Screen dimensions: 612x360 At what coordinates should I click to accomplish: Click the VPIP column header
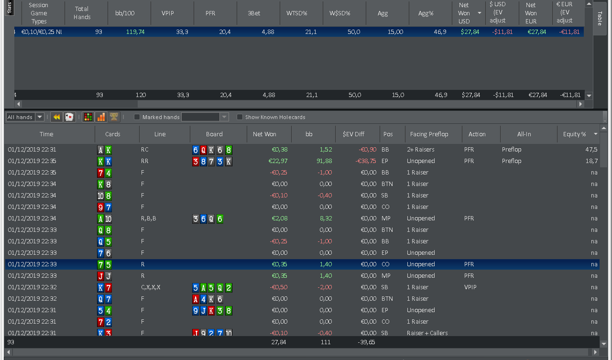(x=168, y=13)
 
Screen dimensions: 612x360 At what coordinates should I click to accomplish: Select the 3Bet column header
(x=254, y=13)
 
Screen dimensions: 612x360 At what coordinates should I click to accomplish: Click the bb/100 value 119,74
(x=135, y=32)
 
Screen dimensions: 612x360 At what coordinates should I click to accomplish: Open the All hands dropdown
(x=40, y=117)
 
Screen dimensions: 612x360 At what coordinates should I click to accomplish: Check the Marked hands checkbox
(x=137, y=117)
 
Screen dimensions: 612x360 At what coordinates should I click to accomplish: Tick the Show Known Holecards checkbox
(x=240, y=117)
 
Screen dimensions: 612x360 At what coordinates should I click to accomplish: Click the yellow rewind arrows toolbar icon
(x=56, y=117)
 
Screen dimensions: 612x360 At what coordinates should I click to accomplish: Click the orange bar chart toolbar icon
(x=101, y=117)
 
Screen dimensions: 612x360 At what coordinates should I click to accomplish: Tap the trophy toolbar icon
(x=114, y=117)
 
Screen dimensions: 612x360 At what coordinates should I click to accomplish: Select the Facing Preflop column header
(x=429, y=134)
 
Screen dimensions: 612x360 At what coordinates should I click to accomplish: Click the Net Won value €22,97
(x=278, y=161)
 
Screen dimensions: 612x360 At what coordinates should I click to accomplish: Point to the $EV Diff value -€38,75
(x=366, y=161)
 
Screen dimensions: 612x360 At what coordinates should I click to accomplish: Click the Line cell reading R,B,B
(x=148, y=218)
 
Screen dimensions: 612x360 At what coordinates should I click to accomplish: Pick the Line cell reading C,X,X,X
(x=151, y=287)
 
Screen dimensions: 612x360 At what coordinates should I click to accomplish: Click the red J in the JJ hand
(x=100, y=276)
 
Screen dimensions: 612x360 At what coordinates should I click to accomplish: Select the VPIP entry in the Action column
(x=470, y=287)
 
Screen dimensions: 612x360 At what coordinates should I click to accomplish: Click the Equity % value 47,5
(x=591, y=150)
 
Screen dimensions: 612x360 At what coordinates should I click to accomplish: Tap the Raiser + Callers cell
(x=427, y=333)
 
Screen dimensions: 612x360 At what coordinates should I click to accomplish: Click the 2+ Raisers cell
(x=420, y=150)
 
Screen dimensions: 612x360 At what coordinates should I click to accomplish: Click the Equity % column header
(x=574, y=134)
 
